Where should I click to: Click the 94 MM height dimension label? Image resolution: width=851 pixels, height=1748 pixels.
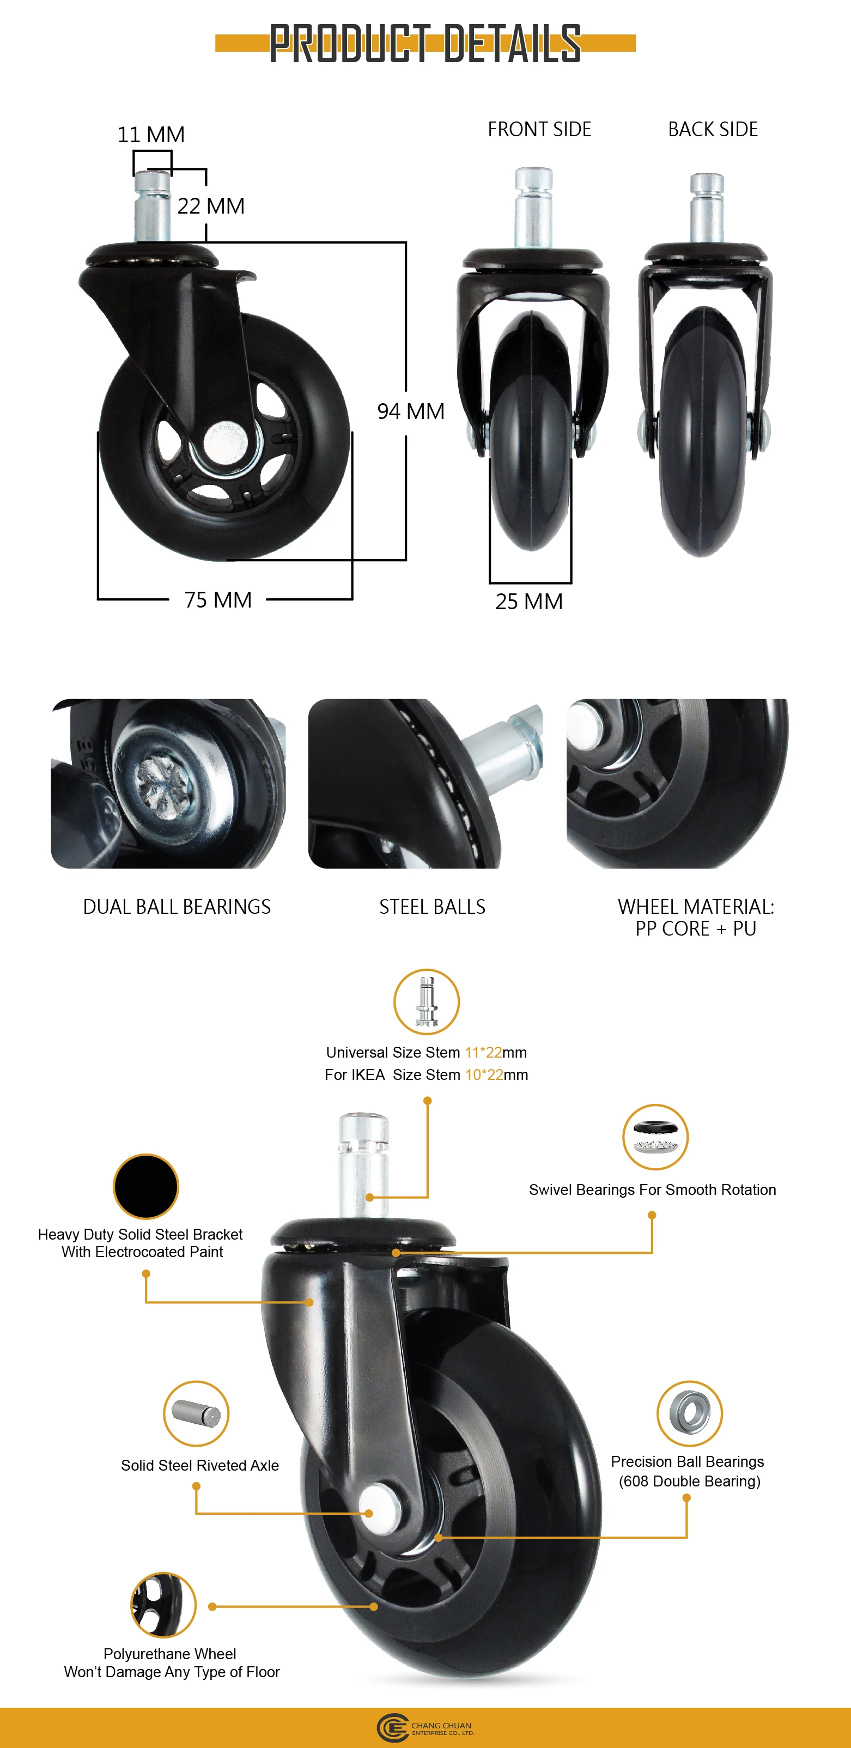point(411,411)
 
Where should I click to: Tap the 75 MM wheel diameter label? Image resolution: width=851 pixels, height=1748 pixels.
point(218,600)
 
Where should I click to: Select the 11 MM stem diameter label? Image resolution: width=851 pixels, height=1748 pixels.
point(151,135)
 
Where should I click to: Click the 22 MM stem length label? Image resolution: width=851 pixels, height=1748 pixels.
point(211,207)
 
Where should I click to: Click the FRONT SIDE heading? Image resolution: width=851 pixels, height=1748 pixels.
point(539,129)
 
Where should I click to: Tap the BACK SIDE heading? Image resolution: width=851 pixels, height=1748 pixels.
point(713,129)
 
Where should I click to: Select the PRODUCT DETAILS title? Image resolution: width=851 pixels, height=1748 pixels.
point(425,44)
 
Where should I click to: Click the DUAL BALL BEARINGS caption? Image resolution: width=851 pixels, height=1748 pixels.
point(177,907)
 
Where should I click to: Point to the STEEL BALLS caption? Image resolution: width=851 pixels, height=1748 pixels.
point(432,907)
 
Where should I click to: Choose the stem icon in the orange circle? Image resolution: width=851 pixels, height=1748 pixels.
point(426,1002)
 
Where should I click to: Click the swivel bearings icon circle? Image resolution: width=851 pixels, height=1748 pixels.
point(655,1137)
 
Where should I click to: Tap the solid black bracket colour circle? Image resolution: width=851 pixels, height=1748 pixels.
point(146,1186)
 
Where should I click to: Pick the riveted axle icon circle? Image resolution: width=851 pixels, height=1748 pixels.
point(196,1413)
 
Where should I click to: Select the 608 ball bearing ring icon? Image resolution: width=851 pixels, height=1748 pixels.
point(689,1413)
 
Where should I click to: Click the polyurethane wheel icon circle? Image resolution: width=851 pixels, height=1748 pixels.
point(163,1605)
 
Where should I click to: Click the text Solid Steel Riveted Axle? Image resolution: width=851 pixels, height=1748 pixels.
point(199,1465)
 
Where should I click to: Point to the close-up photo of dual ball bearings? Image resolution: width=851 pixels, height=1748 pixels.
point(168,783)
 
